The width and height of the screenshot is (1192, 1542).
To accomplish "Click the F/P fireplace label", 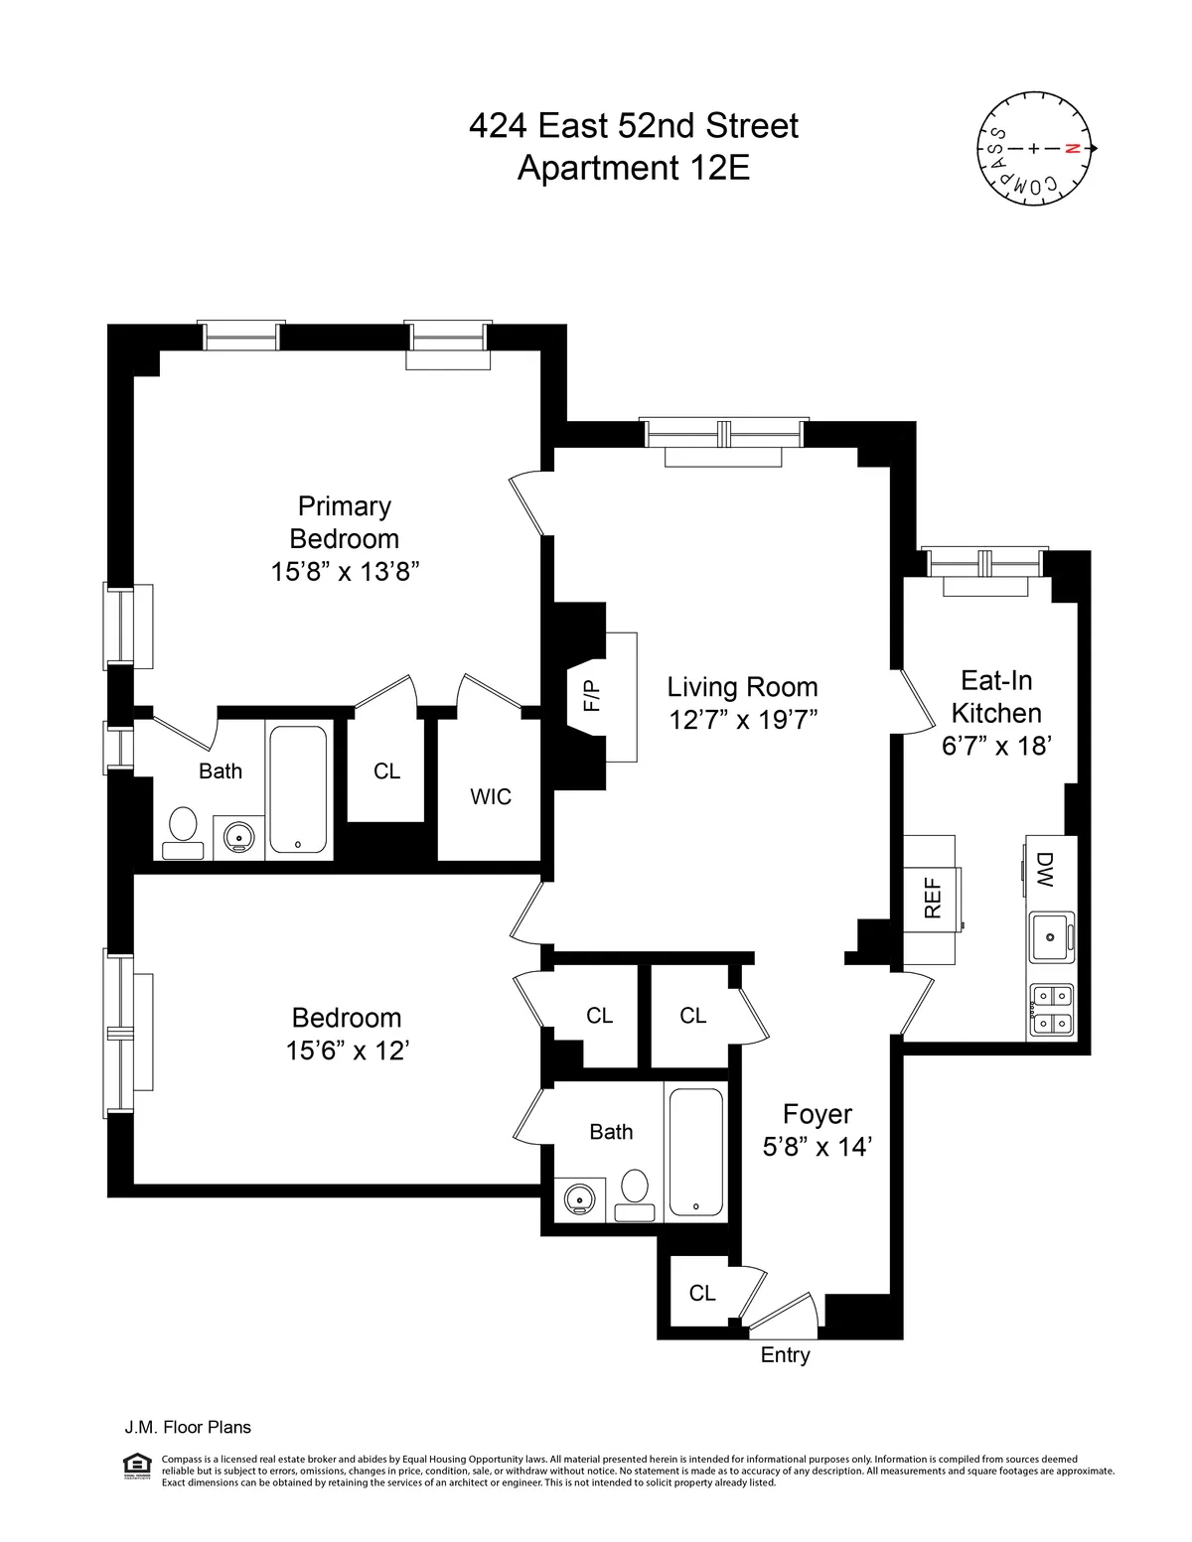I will pos(592,695).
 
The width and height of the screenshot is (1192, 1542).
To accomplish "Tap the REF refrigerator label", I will pos(932,899).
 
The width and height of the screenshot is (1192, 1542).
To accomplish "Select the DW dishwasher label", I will pos(1044,869).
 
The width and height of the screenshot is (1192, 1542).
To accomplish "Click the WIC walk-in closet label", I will pos(491,796).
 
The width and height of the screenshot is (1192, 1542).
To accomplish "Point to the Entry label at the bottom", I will pos(785,1355).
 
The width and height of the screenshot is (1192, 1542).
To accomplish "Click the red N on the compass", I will pos(1071,149).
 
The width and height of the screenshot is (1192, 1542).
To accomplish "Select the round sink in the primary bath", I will pos(238,837).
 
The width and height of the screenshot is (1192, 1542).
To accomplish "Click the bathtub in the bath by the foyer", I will pos(695,1152).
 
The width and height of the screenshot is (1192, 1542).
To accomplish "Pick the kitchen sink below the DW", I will pos(1052,935).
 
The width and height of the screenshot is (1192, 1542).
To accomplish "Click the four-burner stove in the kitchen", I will pos(1051,1009).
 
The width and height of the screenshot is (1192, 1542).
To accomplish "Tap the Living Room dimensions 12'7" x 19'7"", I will pos(743,720).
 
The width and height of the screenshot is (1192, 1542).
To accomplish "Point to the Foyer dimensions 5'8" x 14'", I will pos(817,1147).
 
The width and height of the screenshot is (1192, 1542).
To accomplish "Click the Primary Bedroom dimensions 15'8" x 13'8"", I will pos(345,572).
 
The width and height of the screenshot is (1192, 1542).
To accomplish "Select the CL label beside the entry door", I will pos(702,1293).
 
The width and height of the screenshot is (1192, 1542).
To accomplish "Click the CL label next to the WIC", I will pos(386,771).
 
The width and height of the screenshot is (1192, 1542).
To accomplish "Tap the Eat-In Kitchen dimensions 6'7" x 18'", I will pos(995,746).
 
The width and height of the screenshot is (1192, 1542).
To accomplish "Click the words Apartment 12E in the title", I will pos(634,168).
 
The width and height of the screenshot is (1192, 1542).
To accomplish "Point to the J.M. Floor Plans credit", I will pos(188,1428).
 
